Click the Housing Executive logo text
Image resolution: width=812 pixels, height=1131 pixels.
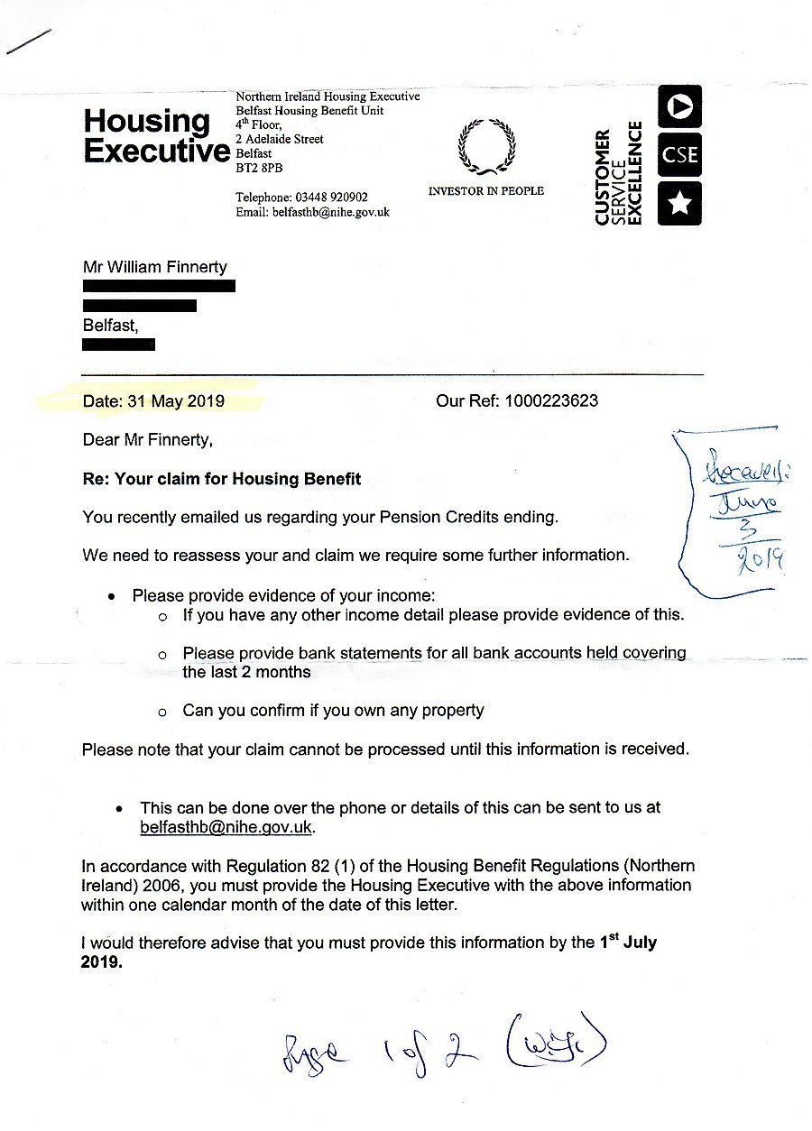(155, 136)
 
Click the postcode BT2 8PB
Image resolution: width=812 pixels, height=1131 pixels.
(258, 167)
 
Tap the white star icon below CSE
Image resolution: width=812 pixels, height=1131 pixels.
(679, 204)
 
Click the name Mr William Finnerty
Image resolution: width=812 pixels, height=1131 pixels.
(155, 266)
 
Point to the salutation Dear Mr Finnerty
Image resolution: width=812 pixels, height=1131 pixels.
(149, 440)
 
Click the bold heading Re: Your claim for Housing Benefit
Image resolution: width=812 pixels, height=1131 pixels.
(222, 479)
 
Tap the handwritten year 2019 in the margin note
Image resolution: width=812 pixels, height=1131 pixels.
(761, 564)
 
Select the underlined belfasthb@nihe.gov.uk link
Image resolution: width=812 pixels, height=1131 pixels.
(226, 827)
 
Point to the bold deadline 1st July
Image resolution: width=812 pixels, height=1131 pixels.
(628, 942)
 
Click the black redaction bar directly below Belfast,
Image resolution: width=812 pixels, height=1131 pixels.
(118, 344)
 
